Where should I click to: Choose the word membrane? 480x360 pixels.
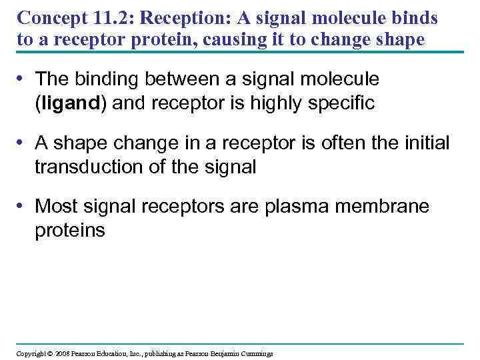(x=381, y=207)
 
